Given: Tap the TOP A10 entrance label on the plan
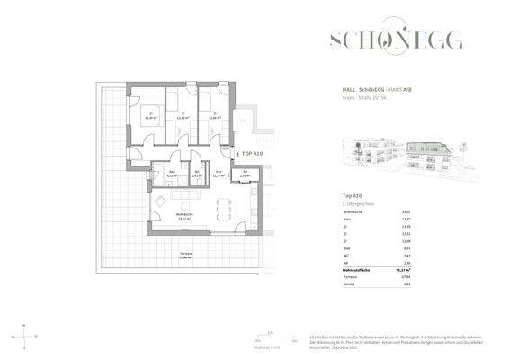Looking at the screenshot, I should click(251, 154).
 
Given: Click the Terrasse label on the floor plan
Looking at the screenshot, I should click(185, 256).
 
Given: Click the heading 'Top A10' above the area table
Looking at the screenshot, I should click(353, 195).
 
